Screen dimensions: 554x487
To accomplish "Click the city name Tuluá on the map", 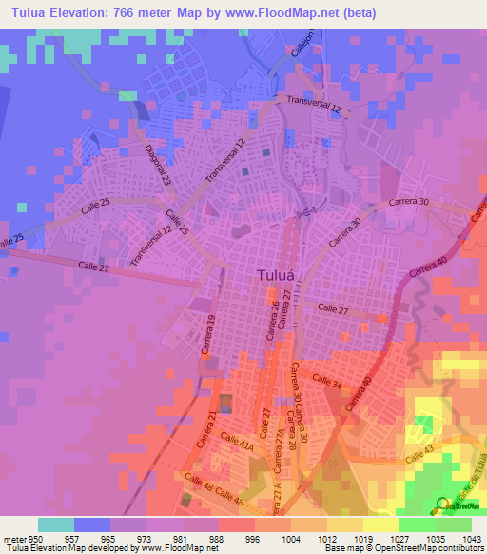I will tap(281, 276).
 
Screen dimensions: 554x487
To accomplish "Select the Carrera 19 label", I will tap(205, 336).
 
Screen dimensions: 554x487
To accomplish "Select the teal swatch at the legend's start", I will tap(56, 524).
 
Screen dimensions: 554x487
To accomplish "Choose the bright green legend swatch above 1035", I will tap(417, 524).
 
